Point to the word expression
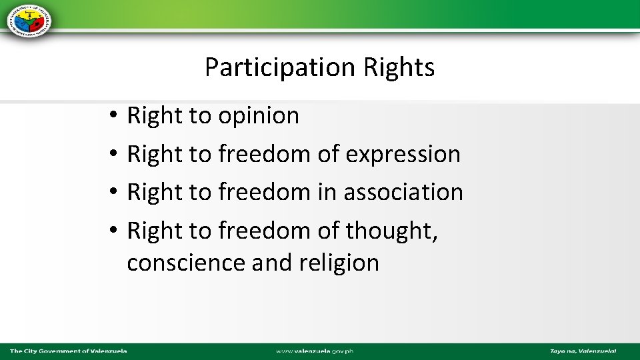[x=403, y=154]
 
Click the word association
[x=403, y=192]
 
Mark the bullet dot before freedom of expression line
[x=115, y=155]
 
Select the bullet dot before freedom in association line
[x=115, y=193]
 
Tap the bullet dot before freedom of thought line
[x=115, y=231]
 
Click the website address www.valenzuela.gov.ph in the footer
[x=315, y=351]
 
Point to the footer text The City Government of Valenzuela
[x=68, y=351]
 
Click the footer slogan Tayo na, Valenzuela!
[x=583, y=351]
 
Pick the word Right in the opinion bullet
[x=155, y=116]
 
